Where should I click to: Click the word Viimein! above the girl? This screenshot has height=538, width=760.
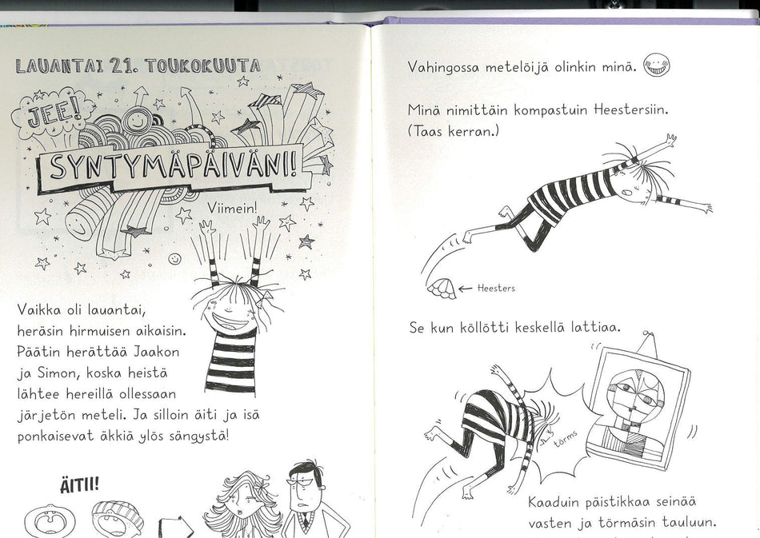tap(233, 208)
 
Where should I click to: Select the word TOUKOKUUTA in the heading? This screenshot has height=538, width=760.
tap(202, 66)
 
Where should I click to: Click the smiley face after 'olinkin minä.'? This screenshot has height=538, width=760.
tap(656, 66)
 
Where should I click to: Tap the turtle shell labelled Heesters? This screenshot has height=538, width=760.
tap(442, 289)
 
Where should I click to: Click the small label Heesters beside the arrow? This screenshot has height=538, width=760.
tap(496, 289)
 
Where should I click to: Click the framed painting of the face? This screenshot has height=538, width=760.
tap(638, 409)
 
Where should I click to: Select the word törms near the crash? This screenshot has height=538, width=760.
tap(565, 439)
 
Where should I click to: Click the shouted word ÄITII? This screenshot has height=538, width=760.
tap(79, 484)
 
